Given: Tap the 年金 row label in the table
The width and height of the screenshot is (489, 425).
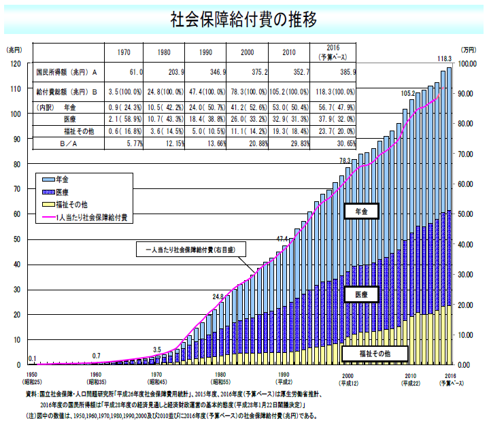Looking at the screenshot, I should click(70, 107).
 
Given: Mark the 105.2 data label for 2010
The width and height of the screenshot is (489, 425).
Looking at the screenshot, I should click(407, 93).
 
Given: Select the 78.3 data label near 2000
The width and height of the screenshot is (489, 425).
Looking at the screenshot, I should click(346, 160).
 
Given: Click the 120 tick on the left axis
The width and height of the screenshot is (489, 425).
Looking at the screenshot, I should click(15, 64).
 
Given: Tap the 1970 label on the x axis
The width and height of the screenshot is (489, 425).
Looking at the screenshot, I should click(156, 375).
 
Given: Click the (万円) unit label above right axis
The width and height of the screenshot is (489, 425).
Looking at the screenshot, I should click(468, 50).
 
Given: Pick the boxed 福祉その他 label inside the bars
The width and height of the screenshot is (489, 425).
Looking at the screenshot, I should click(375, 354).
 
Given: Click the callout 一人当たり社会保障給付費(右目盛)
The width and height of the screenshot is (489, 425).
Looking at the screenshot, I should click(191, 250).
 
